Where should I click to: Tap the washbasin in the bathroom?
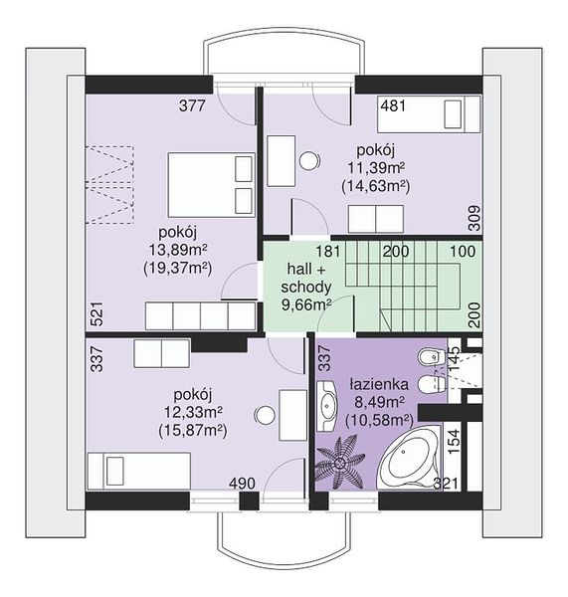point(327,406)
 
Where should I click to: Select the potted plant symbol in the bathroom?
point(339,463)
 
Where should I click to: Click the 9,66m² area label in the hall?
point(306,304)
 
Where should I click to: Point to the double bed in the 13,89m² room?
point(211,185)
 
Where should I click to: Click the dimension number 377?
point(192,105)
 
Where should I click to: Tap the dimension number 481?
point(393,105)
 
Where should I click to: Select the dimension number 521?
point(97,313)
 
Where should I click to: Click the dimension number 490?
point(242,484)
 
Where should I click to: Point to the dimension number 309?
point(474,218)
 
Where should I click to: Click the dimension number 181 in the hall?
point(328,252)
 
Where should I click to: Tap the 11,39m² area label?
point(376,167)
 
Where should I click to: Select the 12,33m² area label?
point(193,412)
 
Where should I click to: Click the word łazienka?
point(379,384)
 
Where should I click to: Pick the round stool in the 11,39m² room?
point(309,160)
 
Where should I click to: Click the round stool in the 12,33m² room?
point(265,415)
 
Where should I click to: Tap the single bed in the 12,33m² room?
point(139,471)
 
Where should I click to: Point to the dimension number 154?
point(454,441)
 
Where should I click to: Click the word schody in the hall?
point(306,287)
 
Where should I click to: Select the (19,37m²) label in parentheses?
point(177,269)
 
